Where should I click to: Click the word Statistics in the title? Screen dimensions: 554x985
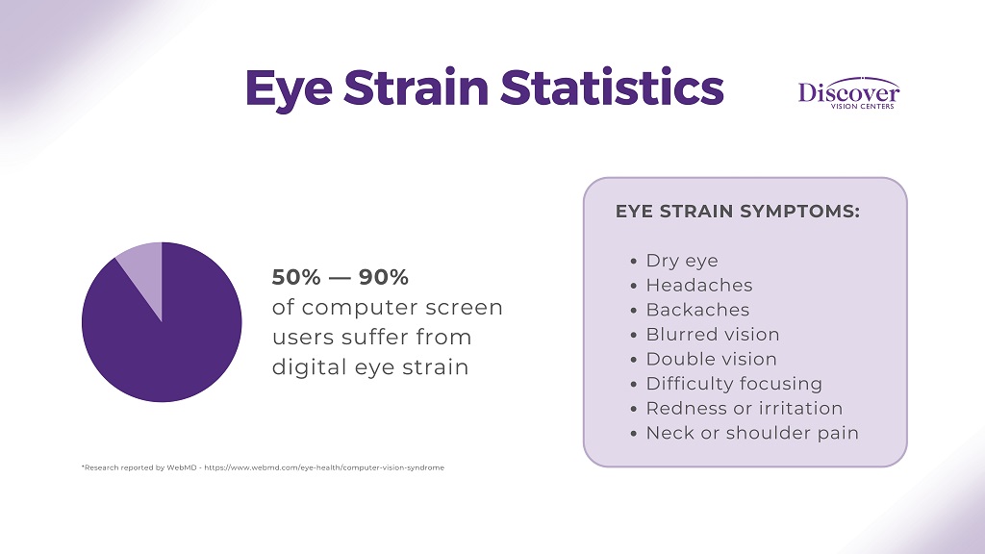(x=612, y=88)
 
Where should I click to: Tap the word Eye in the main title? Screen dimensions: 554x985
(x=289, y=88)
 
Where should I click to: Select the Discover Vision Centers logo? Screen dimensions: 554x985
(x=848, y=93)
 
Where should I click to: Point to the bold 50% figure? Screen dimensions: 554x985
(x=296, y=277)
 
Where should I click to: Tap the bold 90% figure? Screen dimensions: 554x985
(x=384, y=277)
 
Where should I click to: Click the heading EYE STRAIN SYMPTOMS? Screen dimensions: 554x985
(x=738, y=212)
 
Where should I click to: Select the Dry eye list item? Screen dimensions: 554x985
(x=681, y=261)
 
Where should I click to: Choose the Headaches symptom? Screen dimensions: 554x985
(x=698, y=286)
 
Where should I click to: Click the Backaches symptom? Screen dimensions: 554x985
(x=697, y=310)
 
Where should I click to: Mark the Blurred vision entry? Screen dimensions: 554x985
(x=712, y=335)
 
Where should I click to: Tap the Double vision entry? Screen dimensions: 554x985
(x=711, y=359)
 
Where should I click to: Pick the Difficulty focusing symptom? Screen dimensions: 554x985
(x=733, y=384)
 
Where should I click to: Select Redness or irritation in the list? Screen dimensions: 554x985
(x=744, y=408)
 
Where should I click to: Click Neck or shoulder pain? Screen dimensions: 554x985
(x=752, y=433)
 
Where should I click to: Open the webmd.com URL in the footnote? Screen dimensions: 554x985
(x=344, y=467)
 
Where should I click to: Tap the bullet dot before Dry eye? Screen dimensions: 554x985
(x=633, y=262)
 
